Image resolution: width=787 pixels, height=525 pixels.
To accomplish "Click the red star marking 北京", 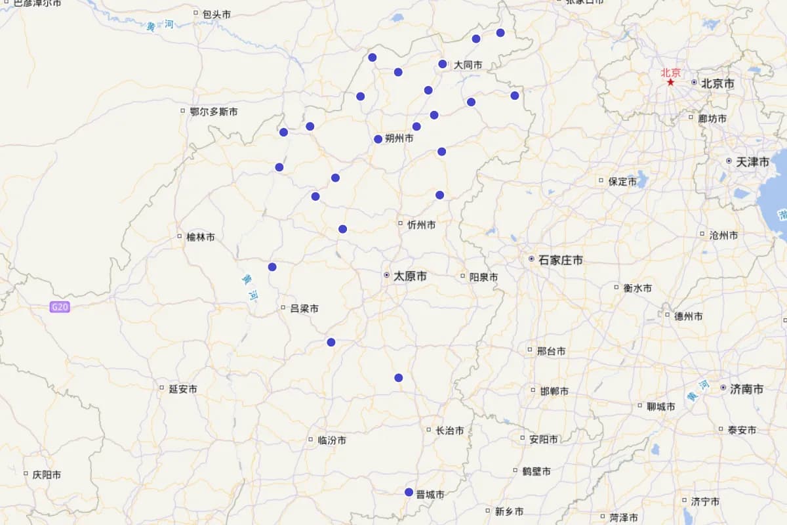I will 670,82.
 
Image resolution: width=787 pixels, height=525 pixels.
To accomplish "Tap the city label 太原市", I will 410,276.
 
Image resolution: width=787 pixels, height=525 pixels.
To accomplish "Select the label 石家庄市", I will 560,260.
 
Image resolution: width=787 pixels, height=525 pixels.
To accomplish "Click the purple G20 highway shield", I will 59,306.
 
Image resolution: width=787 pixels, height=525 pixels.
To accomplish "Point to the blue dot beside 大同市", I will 443,64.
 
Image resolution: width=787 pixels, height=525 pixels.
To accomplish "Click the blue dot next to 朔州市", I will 378,138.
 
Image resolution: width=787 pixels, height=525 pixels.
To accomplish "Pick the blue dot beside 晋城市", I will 409,492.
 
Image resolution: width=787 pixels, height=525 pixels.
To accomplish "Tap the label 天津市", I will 752,161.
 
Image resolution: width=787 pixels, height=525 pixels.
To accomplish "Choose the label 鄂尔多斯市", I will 214,112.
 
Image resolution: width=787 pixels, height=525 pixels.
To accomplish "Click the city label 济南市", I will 746,388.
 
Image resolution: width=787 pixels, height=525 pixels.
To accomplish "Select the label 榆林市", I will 200,237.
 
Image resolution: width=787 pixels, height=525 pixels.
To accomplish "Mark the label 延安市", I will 183,388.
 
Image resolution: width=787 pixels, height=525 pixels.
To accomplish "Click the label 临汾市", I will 332,440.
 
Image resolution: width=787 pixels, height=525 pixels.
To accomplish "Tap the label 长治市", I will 450,430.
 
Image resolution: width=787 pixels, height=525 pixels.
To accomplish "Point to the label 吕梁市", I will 304,308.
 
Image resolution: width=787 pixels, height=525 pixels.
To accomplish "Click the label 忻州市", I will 421,224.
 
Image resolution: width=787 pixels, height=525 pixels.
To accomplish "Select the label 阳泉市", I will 483,277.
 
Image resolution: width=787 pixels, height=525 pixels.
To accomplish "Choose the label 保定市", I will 622,181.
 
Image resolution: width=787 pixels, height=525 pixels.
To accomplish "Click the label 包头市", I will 216,14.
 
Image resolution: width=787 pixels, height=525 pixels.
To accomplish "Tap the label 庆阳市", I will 47,474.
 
